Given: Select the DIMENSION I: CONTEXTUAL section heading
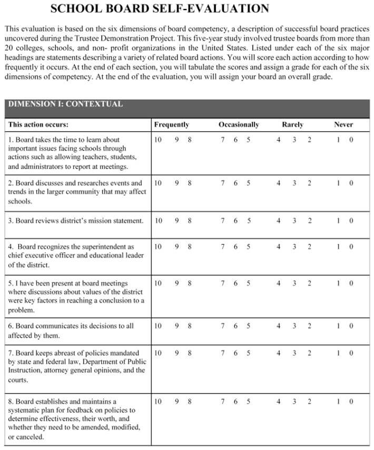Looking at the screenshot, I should (66, 104).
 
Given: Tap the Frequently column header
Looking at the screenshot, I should (171, 125).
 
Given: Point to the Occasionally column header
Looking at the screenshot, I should (239, 125).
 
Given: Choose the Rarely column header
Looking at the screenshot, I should (292, 125).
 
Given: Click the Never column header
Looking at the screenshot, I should (343, 125).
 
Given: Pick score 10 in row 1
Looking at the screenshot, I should (158, 140).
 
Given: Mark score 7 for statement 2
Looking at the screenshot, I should (223, 183).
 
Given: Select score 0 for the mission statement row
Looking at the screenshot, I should (351, 221).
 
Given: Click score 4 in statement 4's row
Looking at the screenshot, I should (278, 246).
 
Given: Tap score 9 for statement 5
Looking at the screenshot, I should (177, 283).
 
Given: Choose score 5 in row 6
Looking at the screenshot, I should (249, 325).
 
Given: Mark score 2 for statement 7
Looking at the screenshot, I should (310, 352).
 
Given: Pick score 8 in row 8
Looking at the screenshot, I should (190, 401).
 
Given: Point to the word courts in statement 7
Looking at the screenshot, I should (18, 380).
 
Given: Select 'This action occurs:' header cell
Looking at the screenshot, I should (38, 125).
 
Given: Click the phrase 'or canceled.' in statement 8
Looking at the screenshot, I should (26, 437).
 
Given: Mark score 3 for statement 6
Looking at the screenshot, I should (294, 325).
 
